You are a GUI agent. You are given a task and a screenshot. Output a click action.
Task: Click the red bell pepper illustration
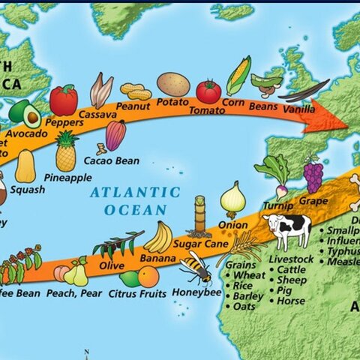point(64,100)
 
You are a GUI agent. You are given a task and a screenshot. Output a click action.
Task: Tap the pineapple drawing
point(66,152)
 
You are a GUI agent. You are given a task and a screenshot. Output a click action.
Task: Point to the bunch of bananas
point(158,238)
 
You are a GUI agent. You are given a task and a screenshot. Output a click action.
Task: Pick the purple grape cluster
point(313,176)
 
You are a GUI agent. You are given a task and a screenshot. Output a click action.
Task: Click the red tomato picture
point(208,91)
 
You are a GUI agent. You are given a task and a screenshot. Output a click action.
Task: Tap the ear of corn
point(238,75)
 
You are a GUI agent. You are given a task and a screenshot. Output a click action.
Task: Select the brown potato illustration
point(173,84)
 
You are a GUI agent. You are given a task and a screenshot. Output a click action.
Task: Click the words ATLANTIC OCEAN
point(135,201)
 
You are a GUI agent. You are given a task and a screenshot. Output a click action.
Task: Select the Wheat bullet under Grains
point(249,275)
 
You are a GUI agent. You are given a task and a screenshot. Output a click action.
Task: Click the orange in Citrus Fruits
point(148,277)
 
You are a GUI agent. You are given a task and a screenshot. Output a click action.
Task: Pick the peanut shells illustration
point(136,91)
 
